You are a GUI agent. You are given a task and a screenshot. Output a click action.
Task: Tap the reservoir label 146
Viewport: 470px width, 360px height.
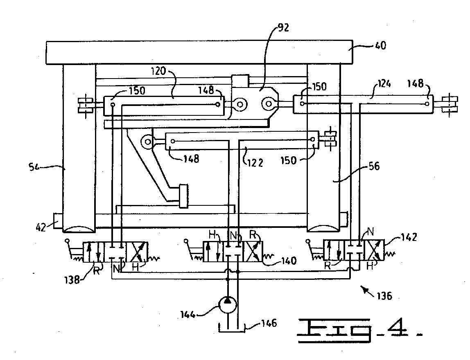[268, 324]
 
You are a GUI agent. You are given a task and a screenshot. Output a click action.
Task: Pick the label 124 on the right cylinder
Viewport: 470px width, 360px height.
[384, 85]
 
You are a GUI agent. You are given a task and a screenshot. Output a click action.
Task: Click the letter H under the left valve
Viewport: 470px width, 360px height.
[136, 267]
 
